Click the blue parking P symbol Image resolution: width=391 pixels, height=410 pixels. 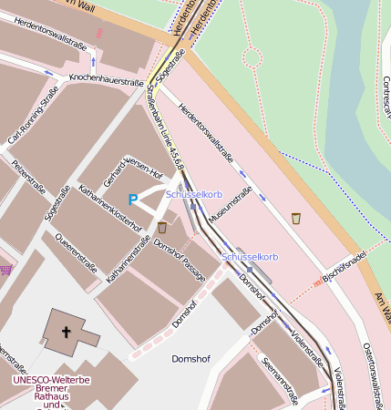pyautogui.click(x=133, y=200)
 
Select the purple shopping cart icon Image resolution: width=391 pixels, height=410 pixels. pyautogui.click(x=6, y=270)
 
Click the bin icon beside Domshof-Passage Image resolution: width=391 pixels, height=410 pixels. pyautogui.click(x=162, y=227)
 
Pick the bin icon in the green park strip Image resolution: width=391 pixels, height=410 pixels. pyautogui.click(x=295, y=218)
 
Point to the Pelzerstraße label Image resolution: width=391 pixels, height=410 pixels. pyautogui.click(x=29, y=177)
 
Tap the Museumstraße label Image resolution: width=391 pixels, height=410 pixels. pyautogui.click(x=231, y=207)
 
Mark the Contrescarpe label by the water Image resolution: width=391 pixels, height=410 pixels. pyautogui.click(x=386, y=99)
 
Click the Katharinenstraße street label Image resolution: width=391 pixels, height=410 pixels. pyautogui.click(x=129, y=258)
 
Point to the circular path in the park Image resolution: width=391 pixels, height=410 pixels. pyautogui.click(x=252, y=57)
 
